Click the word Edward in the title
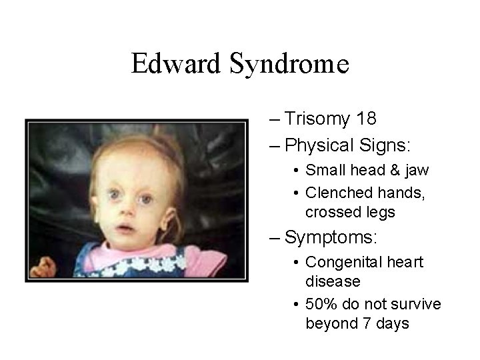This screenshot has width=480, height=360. coord(176,65)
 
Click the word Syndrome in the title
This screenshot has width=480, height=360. coord(289,65)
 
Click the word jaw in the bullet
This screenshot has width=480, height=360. coord(417,171)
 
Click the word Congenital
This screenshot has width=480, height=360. coord(343,263)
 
